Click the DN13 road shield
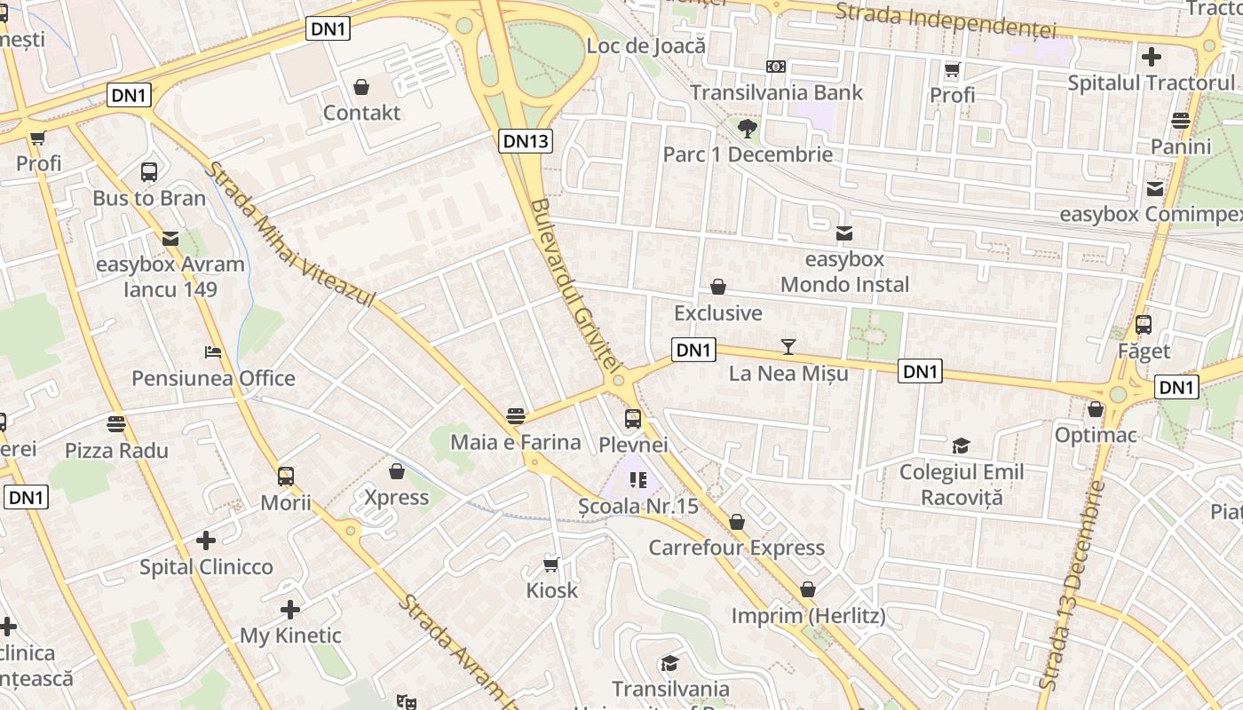click(526, 140)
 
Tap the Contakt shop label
click(361, 113)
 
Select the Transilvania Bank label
click(776, 92)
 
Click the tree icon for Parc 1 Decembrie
click(748, 129)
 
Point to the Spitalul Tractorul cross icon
click(1151, 58)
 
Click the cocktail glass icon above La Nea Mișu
click(788, 347)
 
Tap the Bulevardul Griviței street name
click(576, 284)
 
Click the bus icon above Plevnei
click(632, 418)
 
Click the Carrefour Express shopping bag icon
click(736, 522)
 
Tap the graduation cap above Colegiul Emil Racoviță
click(961, 446)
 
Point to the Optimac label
click(1096, 435)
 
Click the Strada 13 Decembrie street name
click(1072, 586)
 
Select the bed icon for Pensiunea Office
click(212, 352)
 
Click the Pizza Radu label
click(116, 450)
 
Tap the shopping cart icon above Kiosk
click(551, 564)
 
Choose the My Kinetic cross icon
click(289, 610)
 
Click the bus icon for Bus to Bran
click(149, 172)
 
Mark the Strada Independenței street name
click(946, 20)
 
